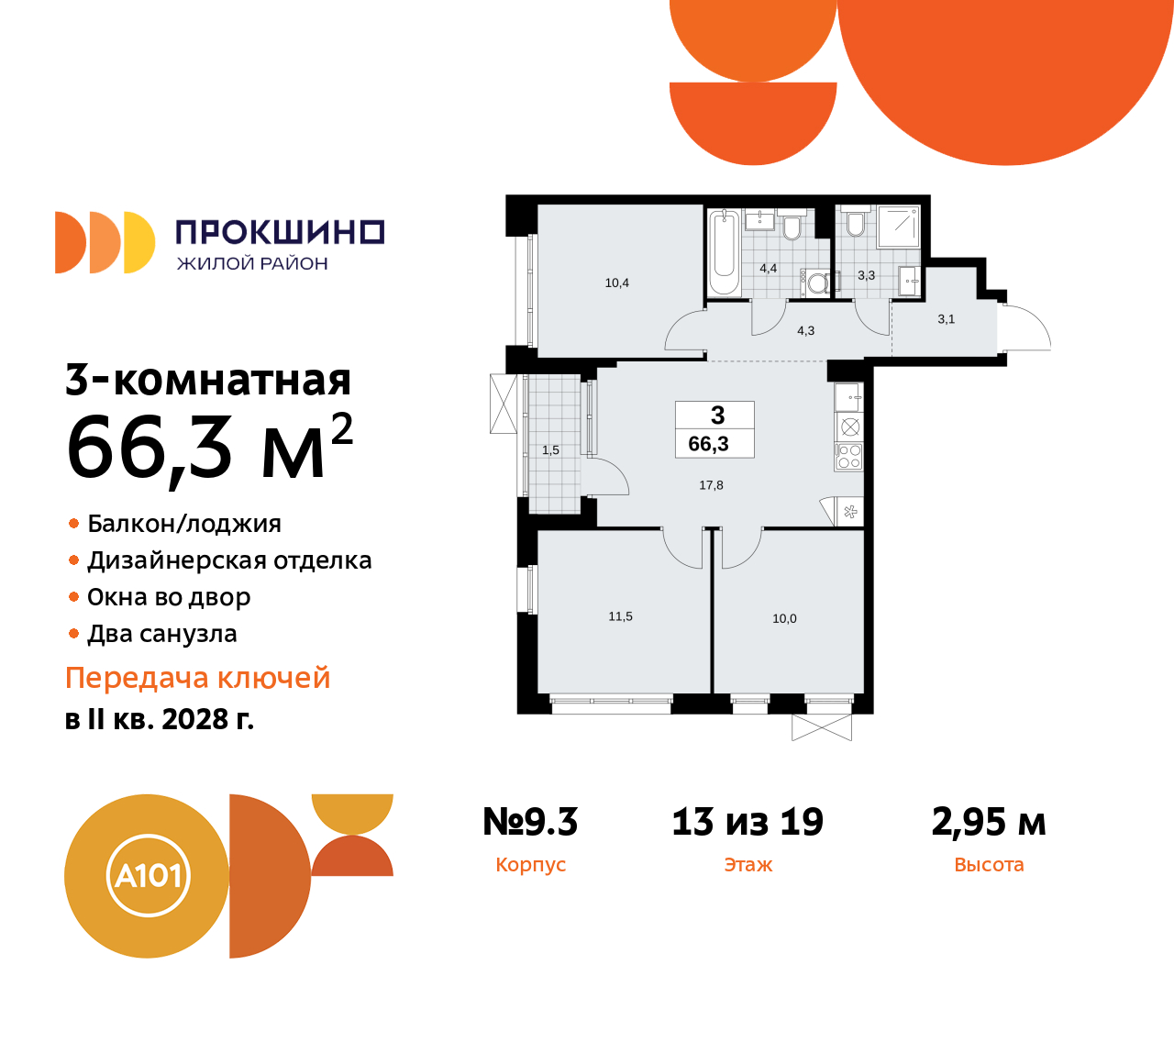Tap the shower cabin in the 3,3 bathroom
[x=898, y=227]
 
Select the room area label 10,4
[x=617, y=283]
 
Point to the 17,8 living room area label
[x=711, y=485]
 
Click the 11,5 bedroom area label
[x=620, y=616]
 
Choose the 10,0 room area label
[x=784, y=618]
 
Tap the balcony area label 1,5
[x=550, y=450]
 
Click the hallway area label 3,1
[x=946, y=319]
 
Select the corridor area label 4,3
[x=805, y=330]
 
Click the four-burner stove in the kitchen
[x=849, y=457]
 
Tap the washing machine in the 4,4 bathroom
[x=815, y=283]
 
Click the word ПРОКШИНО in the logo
[x=280, y=232]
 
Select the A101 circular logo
[x=148, y=876]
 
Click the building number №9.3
[x=530, y=822]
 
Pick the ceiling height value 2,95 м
[x=989, y=822]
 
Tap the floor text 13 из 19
[x=748, y=822]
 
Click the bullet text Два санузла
[x=161, y=634]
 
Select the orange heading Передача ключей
[x=197, y=678]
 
